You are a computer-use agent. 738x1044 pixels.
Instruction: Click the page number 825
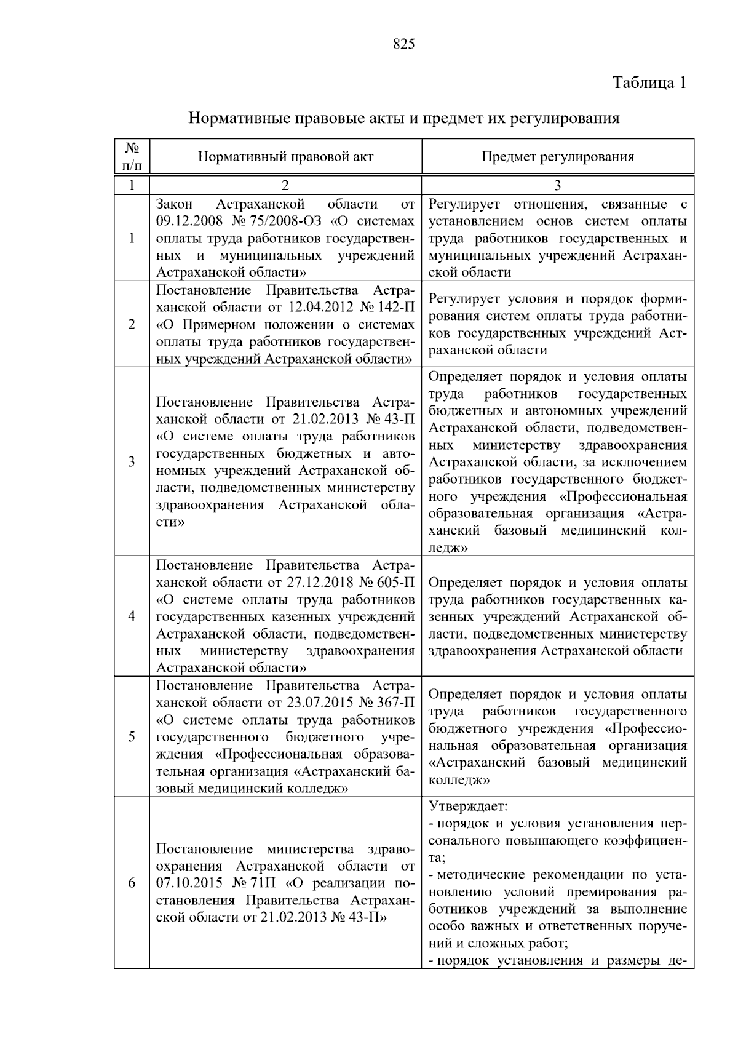pyautogui.click(x=403, y=44)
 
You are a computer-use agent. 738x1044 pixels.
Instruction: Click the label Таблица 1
pyautogui.click(x=649, y=82)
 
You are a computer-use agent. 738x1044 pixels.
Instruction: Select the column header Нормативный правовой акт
pyautogui.click(x=285, y=157)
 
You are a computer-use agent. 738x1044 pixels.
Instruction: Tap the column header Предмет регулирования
pyautogui.click(x=557, y=157)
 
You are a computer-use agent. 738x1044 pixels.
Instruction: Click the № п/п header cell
pyautogui.click(x=132, y=157)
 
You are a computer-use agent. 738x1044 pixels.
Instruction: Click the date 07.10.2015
pyautogui.click(x=188, y=883)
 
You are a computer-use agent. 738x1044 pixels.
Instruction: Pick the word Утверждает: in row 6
pyautogui.click(x=468, y=806)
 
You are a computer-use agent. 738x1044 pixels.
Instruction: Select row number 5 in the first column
pyautogui.click(x=132, y=736)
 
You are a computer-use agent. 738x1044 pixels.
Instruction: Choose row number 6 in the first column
pyautogui.click(x=132, y=883)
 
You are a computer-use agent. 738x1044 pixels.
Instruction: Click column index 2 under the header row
pyautogui.click(x=285, y=185)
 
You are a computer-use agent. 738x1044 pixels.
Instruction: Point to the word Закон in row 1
pyautogui.click(x=174, y=204)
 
